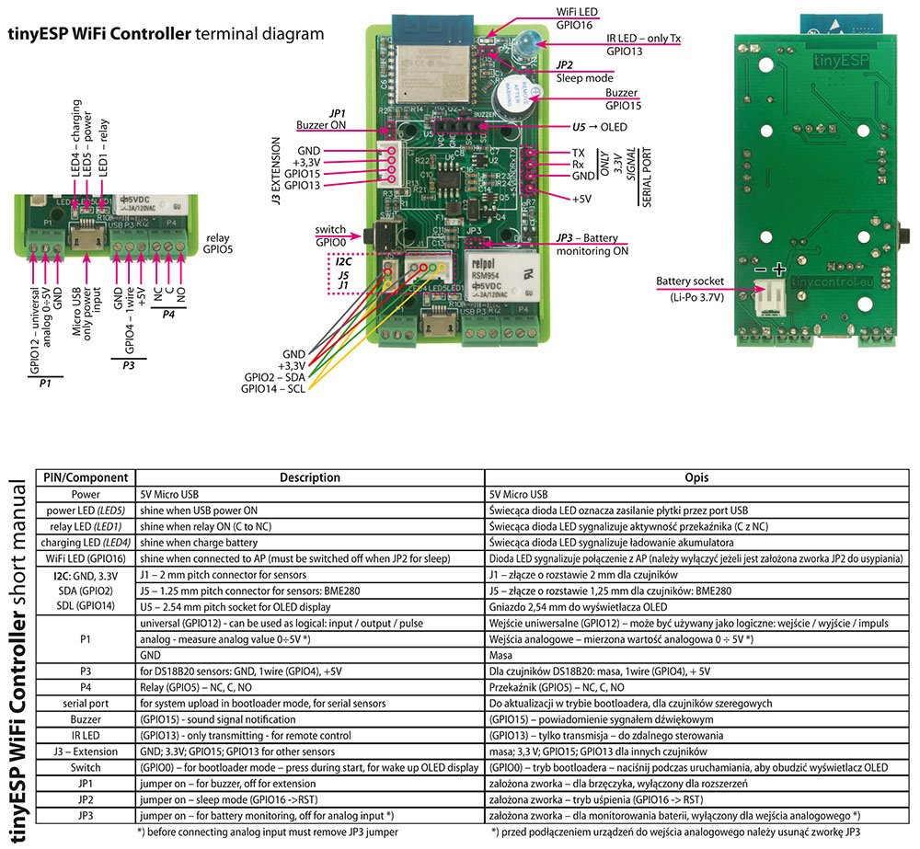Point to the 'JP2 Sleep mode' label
click(579, 72)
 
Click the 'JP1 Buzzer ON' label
click(323, 119)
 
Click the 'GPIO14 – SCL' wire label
click(273, 389)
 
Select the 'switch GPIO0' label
click(329, 235)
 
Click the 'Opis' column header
click(696, 477)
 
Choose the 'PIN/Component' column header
click(86, 477)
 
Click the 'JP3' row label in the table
click(86, 815)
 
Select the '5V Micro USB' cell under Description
click(174, 494)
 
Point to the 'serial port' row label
click(86, 704)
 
